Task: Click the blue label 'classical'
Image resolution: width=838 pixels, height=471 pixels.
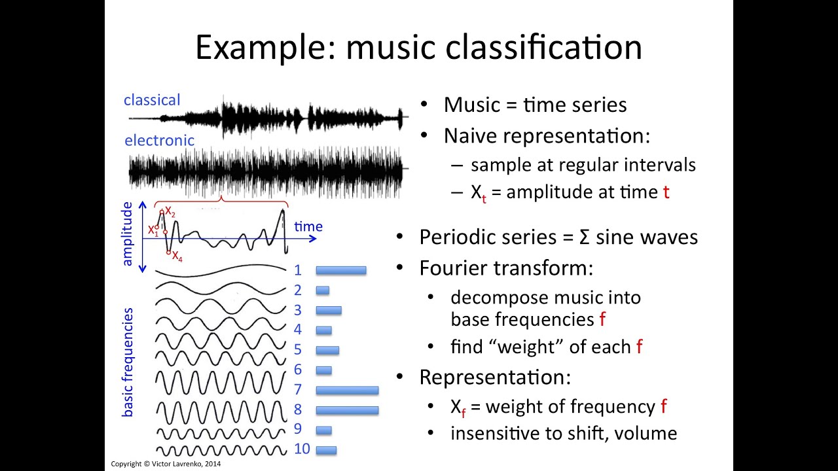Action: [x=152, y=100]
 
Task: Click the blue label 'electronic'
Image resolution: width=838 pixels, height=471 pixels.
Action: [x=159, y=140]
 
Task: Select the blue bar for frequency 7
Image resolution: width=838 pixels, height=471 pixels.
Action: [x=347, y=390]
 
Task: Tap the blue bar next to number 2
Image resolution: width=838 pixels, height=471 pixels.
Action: [x=322, y=290]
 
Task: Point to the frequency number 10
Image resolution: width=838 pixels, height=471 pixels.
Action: [x=302, y=449]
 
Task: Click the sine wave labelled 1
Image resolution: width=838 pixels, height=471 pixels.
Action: [x=221, y=270]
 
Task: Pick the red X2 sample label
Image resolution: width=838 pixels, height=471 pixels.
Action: [x=170, y=211]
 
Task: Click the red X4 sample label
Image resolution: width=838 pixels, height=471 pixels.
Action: [x=177, y=256]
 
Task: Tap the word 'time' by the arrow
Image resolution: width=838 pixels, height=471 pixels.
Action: [x=308, y=226]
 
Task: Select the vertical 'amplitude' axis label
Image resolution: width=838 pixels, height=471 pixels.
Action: [x=127, y=234]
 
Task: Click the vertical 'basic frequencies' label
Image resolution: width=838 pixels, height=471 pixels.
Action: [x=128, y=362]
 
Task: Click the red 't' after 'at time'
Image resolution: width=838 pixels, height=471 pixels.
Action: [x=666, y=192]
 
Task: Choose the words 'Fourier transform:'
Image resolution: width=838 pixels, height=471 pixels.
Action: [x=505, y=268]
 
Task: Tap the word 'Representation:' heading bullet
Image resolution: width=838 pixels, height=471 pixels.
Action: [x=495, y=377]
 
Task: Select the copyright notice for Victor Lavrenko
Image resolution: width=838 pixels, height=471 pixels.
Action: [x=166, y=464]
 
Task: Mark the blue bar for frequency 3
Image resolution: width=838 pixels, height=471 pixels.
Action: [x=328, y=310]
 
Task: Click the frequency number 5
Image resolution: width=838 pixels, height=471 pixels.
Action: [x=297, y=350]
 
